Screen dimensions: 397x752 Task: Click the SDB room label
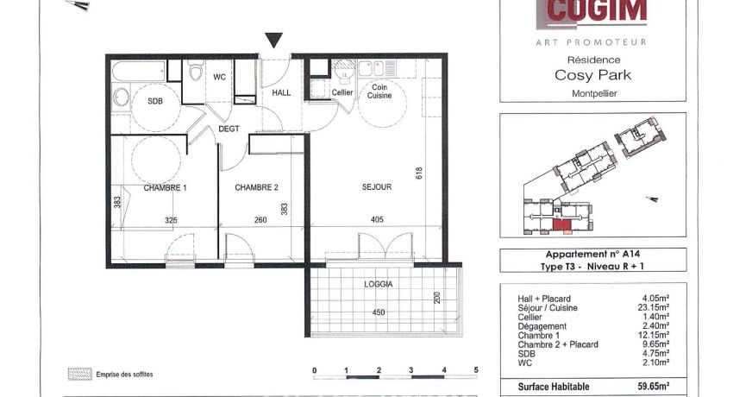(x=155, y=101)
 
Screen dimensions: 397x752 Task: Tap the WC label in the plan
(x=219, y=77)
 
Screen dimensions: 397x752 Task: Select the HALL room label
(x=282, y=92)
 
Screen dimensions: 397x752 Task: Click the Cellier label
(x=342, y=92)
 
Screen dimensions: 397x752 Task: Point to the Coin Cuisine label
(x=380, y=91)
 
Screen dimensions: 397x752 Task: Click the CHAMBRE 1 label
(x=166, y=187)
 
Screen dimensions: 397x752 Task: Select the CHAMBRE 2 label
(x=256, y=187)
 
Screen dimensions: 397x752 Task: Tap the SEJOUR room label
(x=377, y=187)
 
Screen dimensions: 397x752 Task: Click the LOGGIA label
(x=379, y=283)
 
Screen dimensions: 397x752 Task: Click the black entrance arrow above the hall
(x=273, y=41)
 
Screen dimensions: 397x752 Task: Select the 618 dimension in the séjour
(x=419, y=173)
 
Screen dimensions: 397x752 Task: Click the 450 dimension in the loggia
(x=378, y=312)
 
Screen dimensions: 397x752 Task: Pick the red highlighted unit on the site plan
(x=561, y=226)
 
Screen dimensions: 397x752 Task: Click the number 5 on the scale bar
(x=476, y=370)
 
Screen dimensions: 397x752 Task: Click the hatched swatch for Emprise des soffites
(x=79, y=374)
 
